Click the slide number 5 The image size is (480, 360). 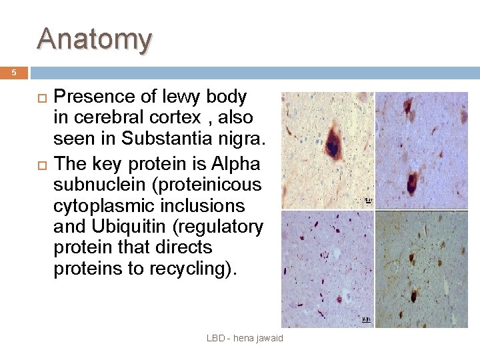[13, 73]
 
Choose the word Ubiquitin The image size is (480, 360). [129, 227]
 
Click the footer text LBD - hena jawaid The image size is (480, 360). [245, 338]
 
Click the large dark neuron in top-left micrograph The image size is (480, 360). [332, 141]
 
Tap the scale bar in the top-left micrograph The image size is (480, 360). [367, 200]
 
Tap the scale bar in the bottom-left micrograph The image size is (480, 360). [365, 320]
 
